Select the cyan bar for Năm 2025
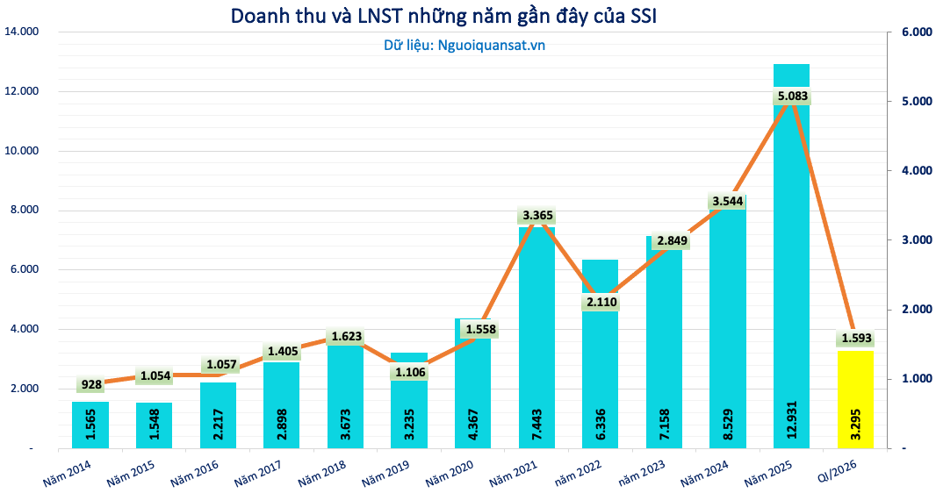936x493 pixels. tap(791, 263)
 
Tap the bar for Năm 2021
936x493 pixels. tap(536, 342)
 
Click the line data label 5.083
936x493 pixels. tap(792, 96)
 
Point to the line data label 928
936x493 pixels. tap(90, 384)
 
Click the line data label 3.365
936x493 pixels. tap(536, 215)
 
